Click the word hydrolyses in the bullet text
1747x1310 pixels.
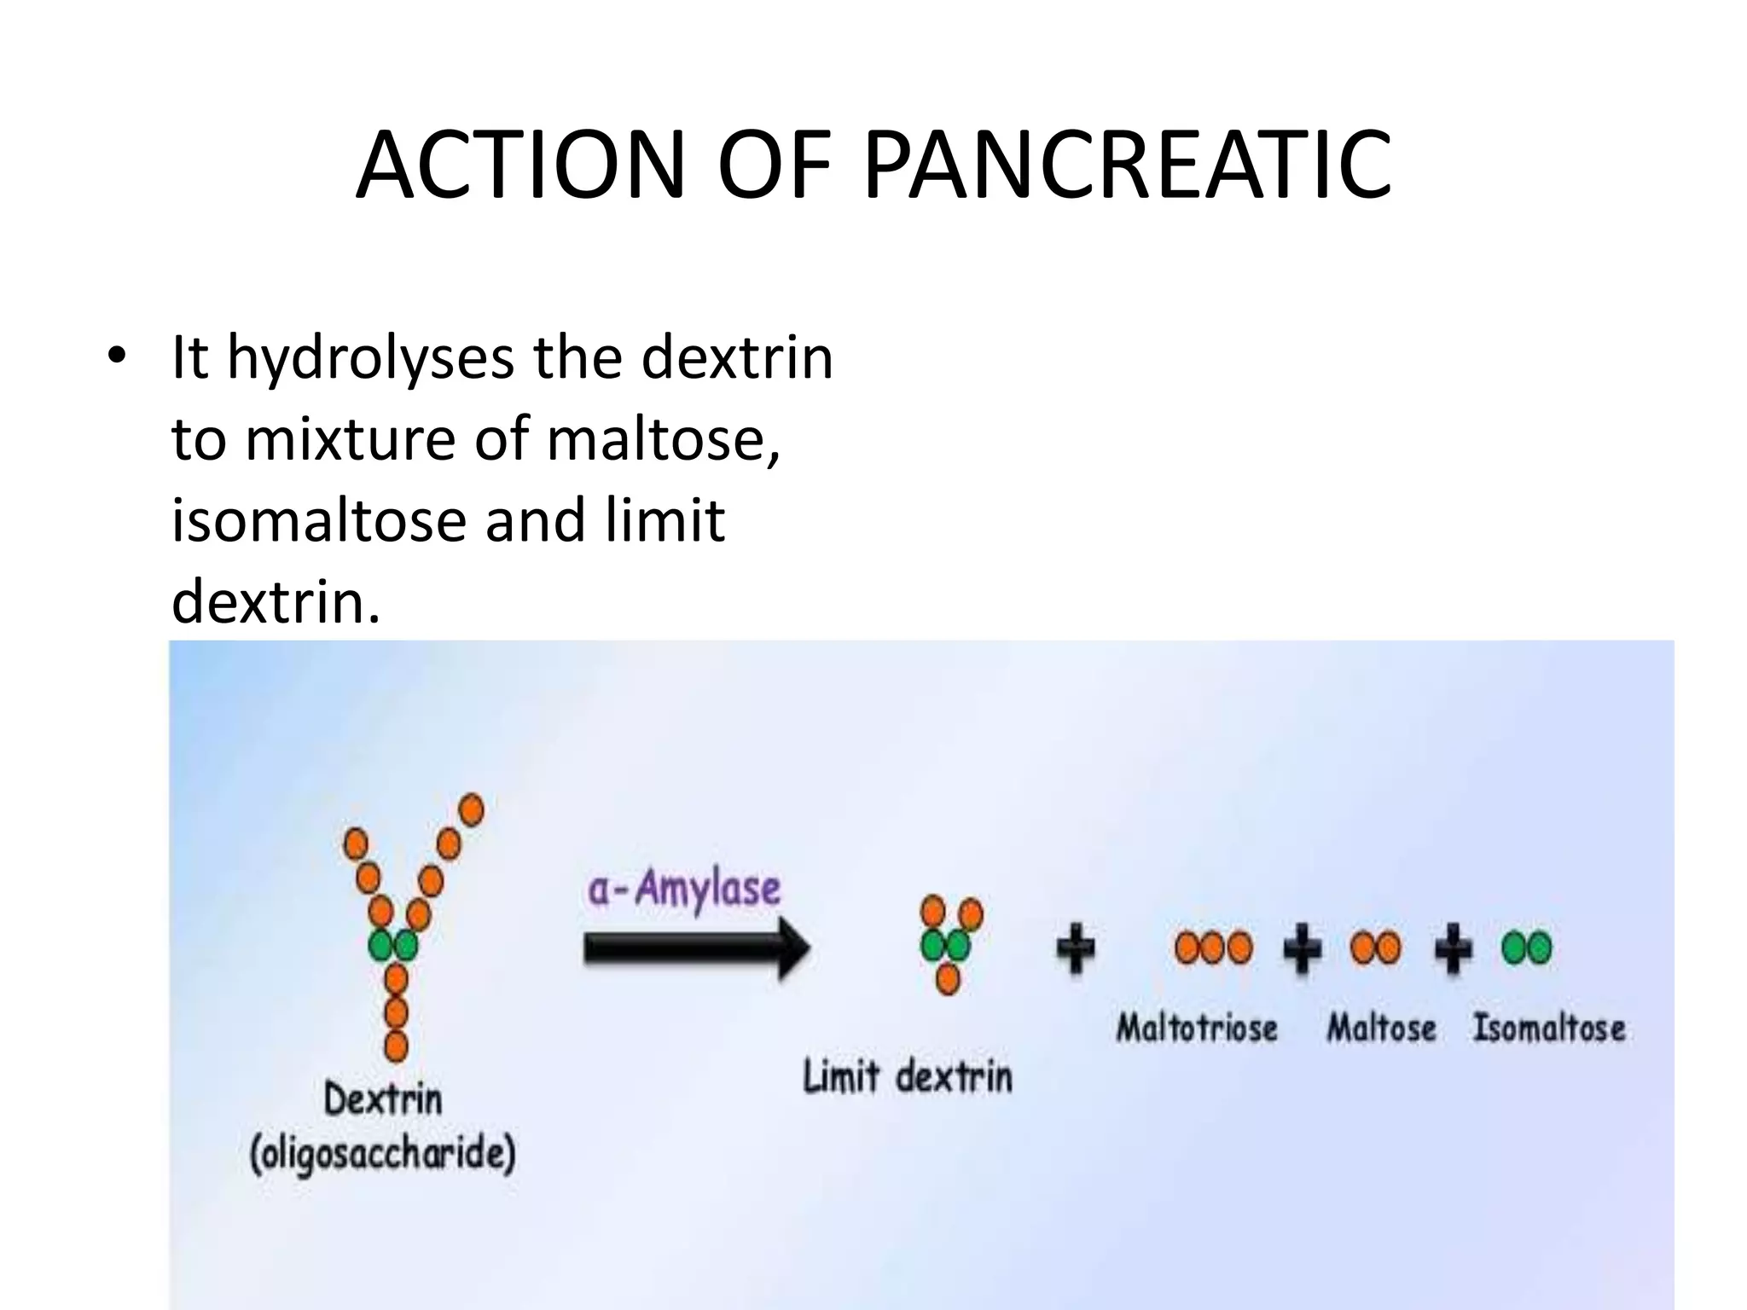tap(370, 358)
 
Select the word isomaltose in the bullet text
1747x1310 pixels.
tap(318, 521)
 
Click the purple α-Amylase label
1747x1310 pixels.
tap(684, 890)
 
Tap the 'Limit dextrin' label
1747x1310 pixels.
tap(908, 1077)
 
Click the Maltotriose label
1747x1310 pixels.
tap(1197, 1028)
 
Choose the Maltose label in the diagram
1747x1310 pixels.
tap(1381, 1028)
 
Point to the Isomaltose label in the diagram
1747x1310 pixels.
tap(1549, 1028)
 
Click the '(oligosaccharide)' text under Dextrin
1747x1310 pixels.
tap(383, 1155)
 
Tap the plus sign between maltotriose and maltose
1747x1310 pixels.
tap(1303, 948)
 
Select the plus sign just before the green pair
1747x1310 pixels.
tap(1453, 948)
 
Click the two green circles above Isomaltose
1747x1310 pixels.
tap(1526, 948)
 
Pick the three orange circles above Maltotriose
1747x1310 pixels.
tap(1214, 948)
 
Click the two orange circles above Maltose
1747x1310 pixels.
tap(1375, 948)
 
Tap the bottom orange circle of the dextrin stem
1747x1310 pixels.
tap(396, 1046)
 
